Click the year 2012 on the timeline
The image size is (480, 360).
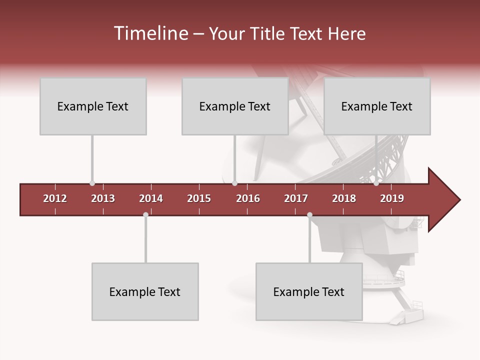pos(55,198)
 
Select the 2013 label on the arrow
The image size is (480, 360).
pos(103,198)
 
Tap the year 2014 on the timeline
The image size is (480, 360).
pos(151,198)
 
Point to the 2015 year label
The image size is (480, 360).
pos(199,198)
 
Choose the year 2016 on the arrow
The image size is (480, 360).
pos(248,198)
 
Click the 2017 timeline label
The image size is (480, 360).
pos(296,198)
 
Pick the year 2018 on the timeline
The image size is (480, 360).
pos(344,198)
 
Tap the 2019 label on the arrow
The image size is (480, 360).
pos(392,198)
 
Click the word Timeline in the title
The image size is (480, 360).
pos(150,33)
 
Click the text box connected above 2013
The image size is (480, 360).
pos(93,106)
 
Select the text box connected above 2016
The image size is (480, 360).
pos(235,106)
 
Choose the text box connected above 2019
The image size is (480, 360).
pos(377,106)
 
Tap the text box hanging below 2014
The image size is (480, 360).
pos(145,291)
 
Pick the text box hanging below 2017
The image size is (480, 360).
pos(309,291)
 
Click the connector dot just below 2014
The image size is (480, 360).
pos(145,215)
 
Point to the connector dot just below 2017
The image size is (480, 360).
pos(309,215)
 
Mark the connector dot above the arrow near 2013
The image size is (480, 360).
pos(92,183)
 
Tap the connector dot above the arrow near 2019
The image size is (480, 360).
pos(376,183)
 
